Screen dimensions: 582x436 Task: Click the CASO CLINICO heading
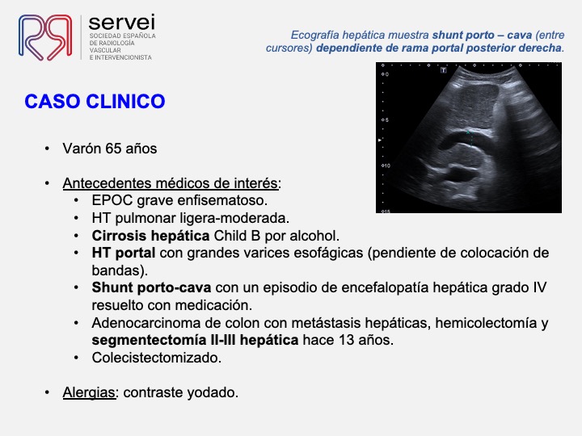point(95,102)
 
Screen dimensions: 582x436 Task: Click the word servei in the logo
point(122,23)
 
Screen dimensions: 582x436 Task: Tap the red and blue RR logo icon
point(45,37)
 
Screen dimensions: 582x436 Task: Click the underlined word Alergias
point(89,392)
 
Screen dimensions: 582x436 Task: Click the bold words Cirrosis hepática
point(150,236)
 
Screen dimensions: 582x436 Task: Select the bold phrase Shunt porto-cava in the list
point(151,287)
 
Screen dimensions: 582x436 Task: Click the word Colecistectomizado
point(157,358)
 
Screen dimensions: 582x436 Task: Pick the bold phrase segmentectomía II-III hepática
point(196,340)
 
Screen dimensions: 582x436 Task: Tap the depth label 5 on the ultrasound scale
point(386,120)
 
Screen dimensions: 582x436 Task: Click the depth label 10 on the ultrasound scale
point(386,166)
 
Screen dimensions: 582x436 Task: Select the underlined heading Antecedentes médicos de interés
point(170,183)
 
